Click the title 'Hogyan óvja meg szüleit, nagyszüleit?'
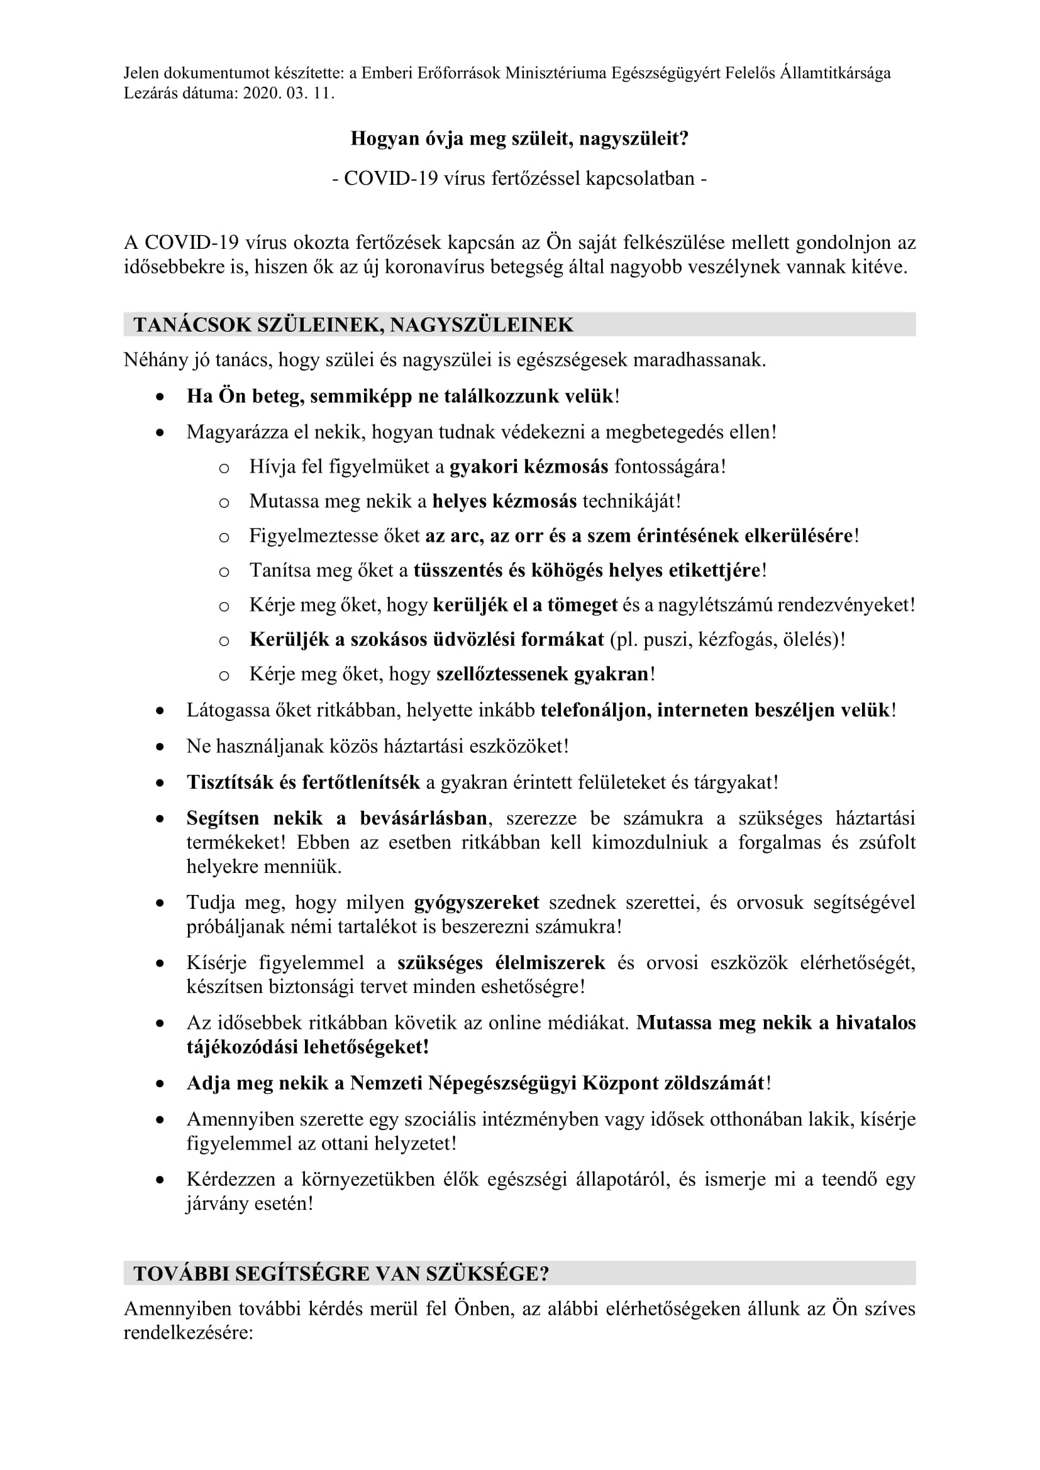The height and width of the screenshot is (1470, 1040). point(519,138)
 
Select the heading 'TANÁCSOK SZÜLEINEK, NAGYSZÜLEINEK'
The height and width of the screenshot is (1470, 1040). point(353,324)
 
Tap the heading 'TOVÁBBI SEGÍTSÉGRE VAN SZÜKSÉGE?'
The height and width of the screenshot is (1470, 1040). point(341,1273)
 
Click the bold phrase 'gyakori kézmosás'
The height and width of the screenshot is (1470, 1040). point(528,466)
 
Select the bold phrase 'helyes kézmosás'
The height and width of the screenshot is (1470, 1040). point(504,501)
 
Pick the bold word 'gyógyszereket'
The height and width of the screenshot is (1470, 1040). point(477,902)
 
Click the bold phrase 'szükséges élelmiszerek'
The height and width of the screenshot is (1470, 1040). point(501,962)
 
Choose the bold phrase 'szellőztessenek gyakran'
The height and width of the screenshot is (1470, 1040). point(543,674)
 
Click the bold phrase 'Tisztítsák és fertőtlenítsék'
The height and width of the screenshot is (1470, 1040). point(303,782)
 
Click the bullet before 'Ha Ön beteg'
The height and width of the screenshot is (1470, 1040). point(160,397)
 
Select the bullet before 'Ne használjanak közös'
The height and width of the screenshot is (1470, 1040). point(160,747)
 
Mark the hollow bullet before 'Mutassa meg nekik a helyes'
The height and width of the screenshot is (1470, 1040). point(223,502)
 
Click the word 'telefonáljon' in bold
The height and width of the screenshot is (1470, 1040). point(595,710)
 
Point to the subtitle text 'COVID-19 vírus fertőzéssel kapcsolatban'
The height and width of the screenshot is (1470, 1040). point(519,178)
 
